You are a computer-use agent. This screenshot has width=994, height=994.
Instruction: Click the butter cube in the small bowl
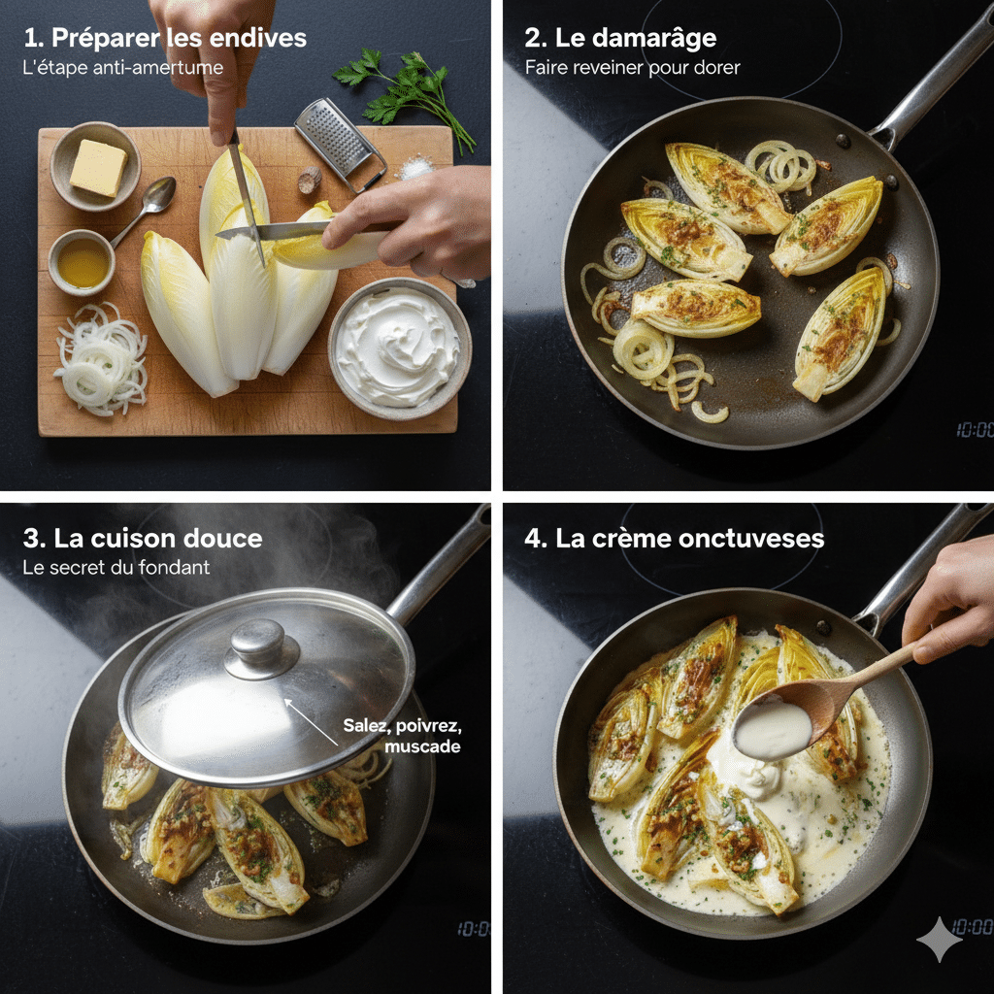pyautogui.click(x=97, y=167)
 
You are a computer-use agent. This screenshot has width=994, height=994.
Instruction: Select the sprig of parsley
pyautogui.click(x=408, y=92)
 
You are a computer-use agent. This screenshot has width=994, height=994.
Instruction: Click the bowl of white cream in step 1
pyautogui.click(x=400, y=347)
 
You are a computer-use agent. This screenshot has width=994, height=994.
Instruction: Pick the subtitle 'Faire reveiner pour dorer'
pyautogui.click(x=632, y=68)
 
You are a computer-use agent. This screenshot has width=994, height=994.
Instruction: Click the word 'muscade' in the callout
pyautogui.click(x=421, y=746)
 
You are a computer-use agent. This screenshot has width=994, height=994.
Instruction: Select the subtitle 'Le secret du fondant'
pyautogui.click(x=116, y=567)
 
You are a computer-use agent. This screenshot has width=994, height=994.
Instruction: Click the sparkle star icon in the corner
pyautogui.click(x=939, y=939)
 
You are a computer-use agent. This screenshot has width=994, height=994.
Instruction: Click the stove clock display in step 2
pyautogui.click(x=974, y=429)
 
